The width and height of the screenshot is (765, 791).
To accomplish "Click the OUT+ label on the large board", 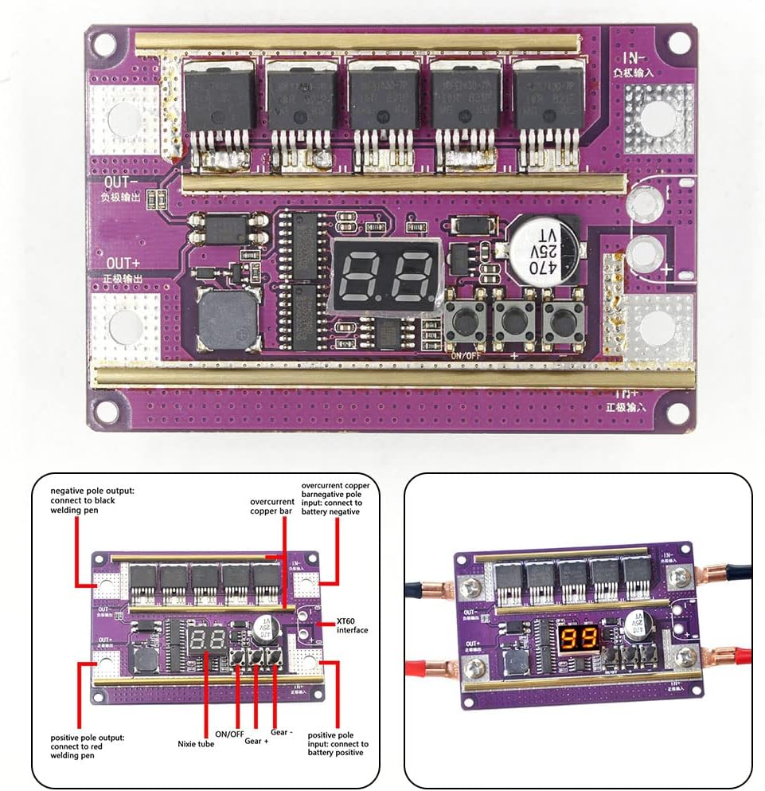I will (x=125, y=263).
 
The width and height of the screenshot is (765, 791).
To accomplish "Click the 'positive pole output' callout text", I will (x=87, y=742).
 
